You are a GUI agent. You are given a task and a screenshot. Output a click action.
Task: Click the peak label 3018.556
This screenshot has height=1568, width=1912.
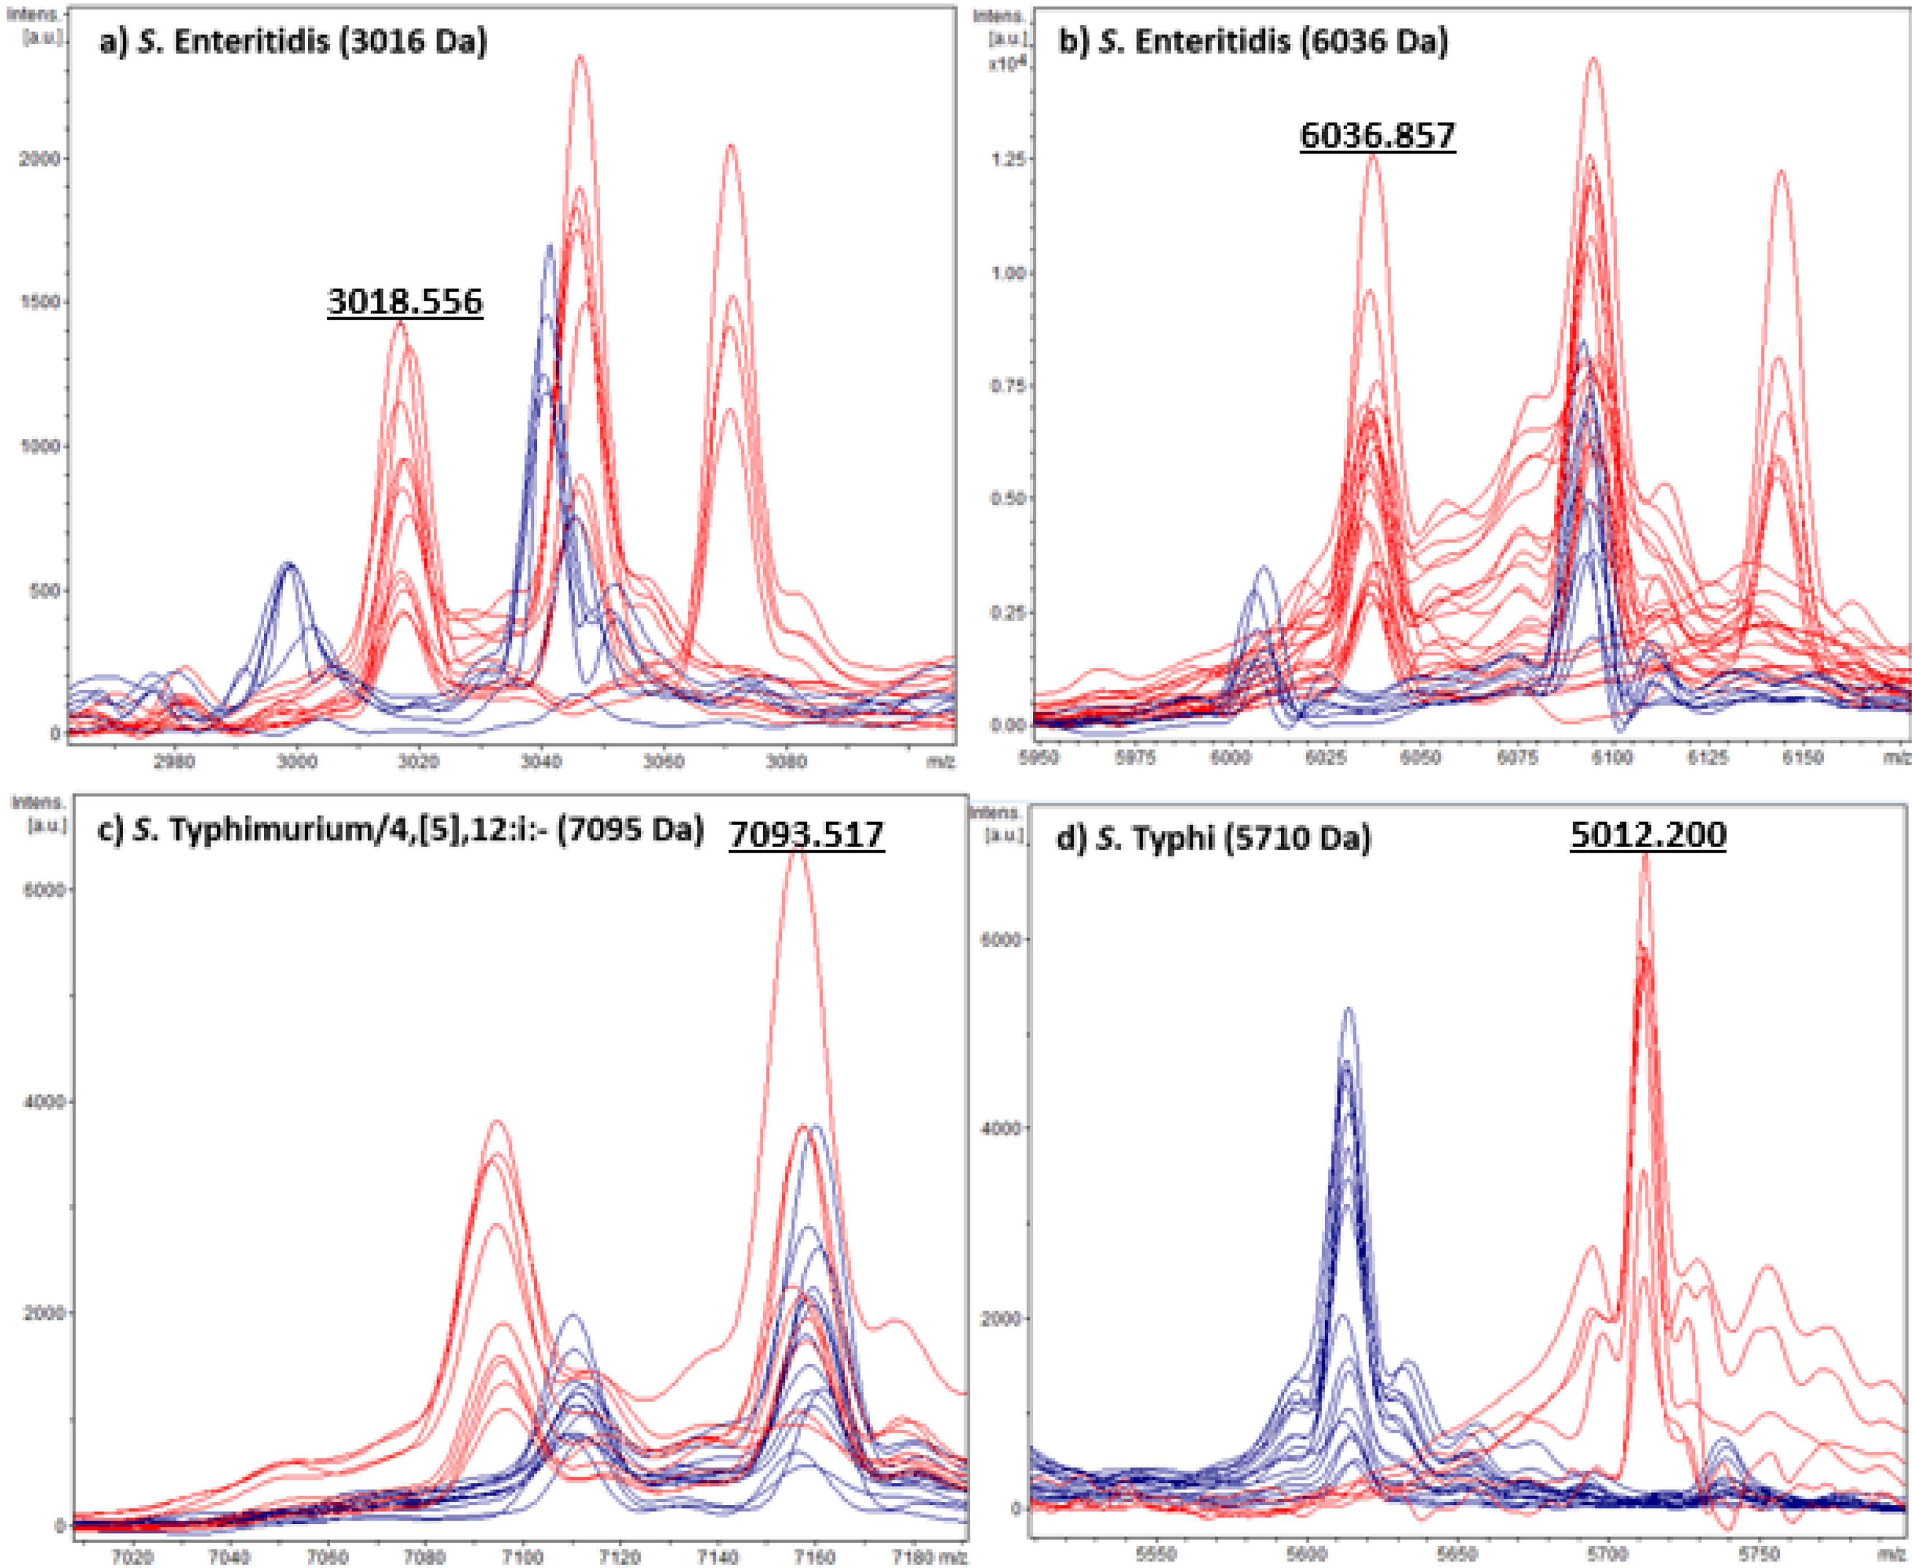405,302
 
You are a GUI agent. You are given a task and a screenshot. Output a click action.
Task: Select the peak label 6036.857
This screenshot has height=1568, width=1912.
1378,135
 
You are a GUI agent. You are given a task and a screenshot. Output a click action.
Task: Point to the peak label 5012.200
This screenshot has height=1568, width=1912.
1648,835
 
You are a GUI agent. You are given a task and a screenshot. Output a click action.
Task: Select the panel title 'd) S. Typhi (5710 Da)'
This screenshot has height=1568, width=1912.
1213,839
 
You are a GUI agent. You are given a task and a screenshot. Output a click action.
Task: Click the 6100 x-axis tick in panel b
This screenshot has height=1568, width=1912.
1612,757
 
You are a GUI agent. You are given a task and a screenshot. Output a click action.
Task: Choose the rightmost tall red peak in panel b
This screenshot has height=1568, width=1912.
1781,172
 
